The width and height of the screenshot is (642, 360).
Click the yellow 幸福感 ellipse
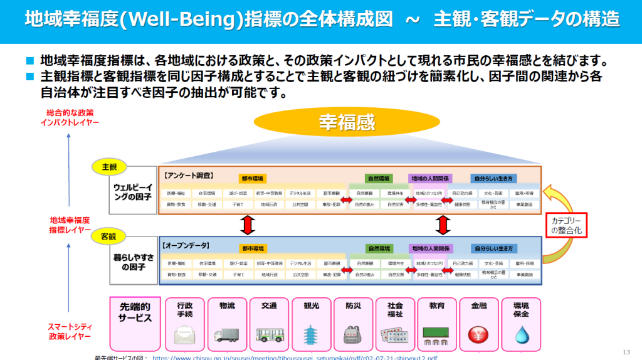339,123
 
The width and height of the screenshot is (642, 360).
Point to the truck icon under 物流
226,335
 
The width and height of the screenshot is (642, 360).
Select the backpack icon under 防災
353,334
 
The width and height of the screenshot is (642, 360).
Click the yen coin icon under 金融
479,334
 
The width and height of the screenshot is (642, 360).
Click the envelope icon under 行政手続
184,335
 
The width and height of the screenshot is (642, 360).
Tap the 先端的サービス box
135,323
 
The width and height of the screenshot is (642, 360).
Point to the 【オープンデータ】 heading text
187,245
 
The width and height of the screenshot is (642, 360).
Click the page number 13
626,351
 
